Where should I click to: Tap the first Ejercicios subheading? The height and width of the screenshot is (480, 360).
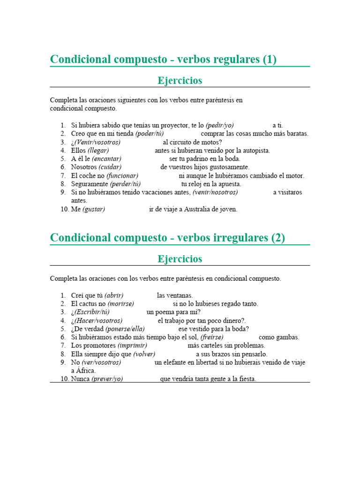coord(180,81)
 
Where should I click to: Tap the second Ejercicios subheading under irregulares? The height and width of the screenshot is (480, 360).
coord(180,259)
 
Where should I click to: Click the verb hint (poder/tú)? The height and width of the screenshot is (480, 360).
coord(150,134)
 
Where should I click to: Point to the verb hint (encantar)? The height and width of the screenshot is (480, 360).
coord(107,159)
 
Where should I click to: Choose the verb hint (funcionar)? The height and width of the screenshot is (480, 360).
coord(122,176)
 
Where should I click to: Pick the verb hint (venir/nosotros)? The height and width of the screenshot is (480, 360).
coord(215,192)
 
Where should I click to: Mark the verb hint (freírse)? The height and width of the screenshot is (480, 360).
coord(212,337)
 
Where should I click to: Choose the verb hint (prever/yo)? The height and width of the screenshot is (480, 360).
coord(107,379)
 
